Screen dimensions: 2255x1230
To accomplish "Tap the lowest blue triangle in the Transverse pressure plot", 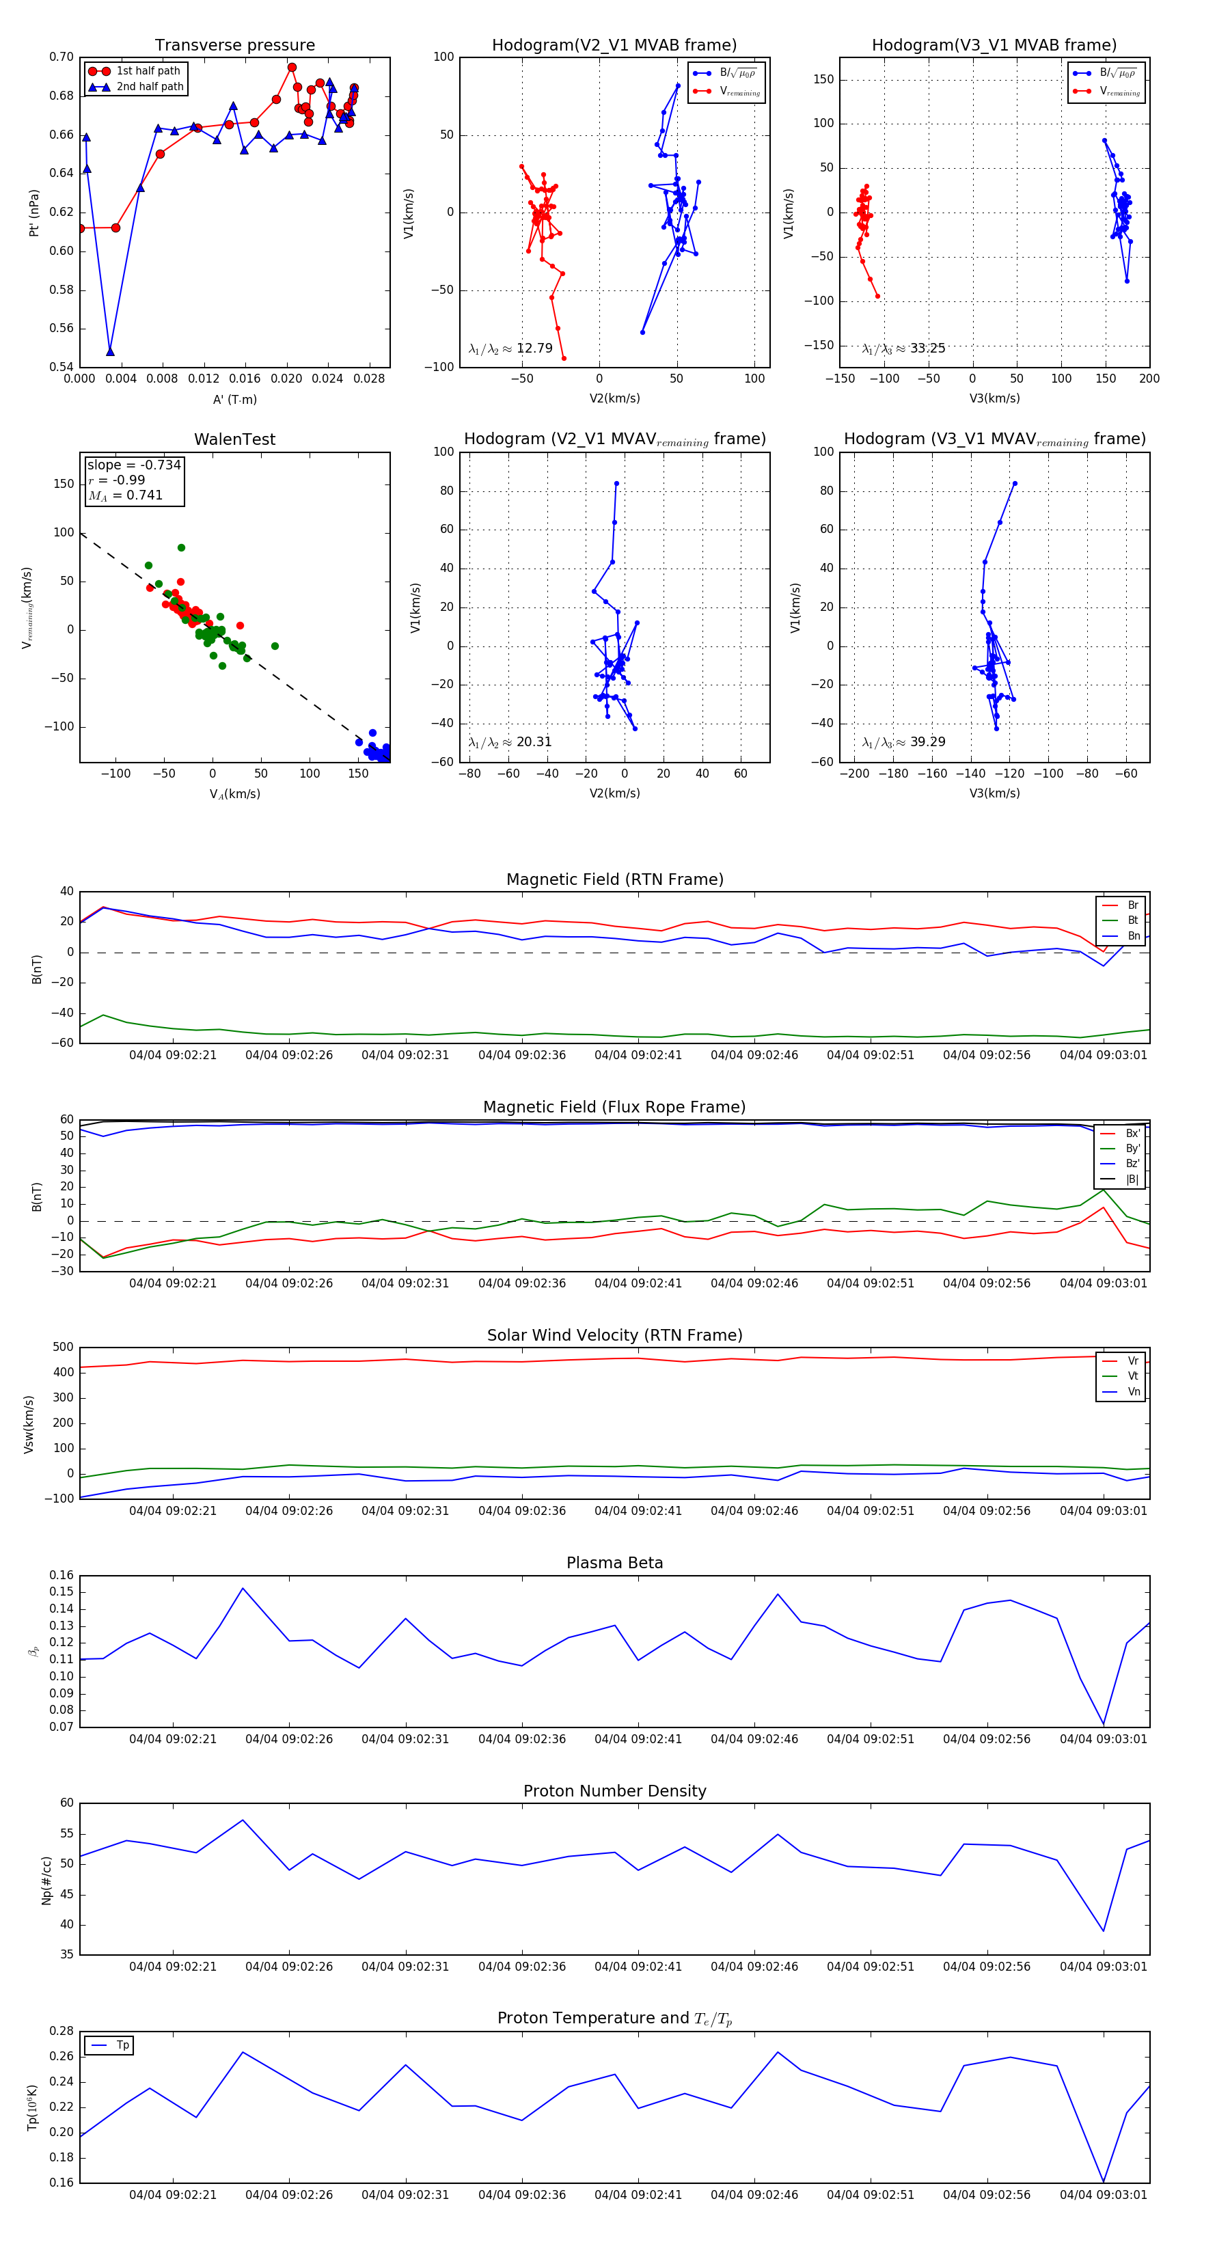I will (110, 352).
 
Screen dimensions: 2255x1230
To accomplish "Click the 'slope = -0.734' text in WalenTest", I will (134, 465).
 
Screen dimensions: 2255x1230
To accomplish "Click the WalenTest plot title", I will (234, 439).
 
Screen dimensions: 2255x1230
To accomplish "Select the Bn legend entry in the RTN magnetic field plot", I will (1133, 935).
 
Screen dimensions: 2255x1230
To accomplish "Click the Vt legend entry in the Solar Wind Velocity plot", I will (1133, 1376).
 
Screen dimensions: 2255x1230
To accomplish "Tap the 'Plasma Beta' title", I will (614, 1563).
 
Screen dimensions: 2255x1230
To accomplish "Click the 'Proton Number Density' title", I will (614, 1791).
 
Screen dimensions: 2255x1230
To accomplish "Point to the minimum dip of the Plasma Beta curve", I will (1103, 1723).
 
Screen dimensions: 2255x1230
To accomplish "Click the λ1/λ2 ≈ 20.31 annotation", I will (510, 742).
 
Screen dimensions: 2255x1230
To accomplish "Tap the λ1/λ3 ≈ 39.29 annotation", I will (903, 742).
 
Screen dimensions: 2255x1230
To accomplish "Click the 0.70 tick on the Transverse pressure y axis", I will (61, 57).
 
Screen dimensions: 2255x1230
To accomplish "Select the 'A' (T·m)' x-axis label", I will (234, 399).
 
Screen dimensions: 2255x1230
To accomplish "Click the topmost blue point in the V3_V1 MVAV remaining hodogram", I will (1015, 483).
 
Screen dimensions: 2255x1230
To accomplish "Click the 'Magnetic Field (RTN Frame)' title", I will (614, 879).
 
